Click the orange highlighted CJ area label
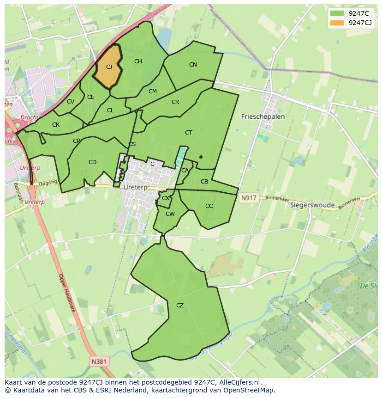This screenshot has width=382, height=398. point(109,67)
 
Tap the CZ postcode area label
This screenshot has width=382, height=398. point(180,305)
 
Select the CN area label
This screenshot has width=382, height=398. point(193,65)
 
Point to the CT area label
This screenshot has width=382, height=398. point(188,133)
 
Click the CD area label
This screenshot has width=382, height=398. point(92,162)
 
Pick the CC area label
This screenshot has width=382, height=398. point(209,206)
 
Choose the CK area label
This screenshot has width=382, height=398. point(56,125)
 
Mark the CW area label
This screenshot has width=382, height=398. point(170,214)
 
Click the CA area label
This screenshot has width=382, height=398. point(185,171)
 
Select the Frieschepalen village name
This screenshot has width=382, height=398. point(263,117)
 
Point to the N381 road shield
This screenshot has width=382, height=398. point(100,361)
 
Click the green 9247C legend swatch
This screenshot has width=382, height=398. point(337,13)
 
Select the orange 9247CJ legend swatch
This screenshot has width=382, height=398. point(337,23)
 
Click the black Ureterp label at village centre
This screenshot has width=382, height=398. point(135,187)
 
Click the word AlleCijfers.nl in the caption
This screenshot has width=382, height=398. point(237,382)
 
